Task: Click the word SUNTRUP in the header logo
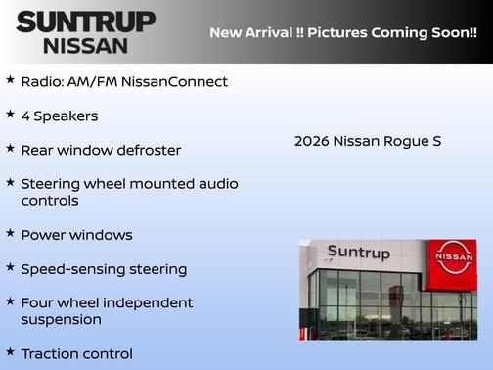click(85, 22)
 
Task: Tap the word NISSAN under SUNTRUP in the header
click(85, 45)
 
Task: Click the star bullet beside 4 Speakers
click(10, 114)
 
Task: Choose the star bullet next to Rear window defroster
click(10, 148)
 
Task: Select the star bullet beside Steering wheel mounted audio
click(10, 182)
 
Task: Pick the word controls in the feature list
click(49, 201)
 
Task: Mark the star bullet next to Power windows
click(10, 233)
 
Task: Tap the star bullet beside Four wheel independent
click(10, 301)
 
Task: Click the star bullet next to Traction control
click(10, 350)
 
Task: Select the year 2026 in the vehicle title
click(311, 141)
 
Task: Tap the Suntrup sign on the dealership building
click(358, 253)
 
